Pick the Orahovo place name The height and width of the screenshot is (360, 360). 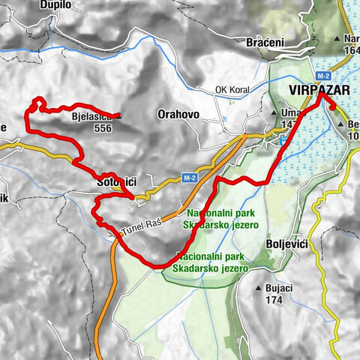click(178, 115)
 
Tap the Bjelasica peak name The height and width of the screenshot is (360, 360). click(91, 117)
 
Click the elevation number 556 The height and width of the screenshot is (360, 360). click(103, 127)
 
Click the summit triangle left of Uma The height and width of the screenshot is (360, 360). click(273, 112)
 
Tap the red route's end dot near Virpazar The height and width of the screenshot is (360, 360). click(332, 106)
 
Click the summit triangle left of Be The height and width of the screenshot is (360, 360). click(342, 124)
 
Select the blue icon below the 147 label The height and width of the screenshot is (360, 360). click(282, 139)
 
